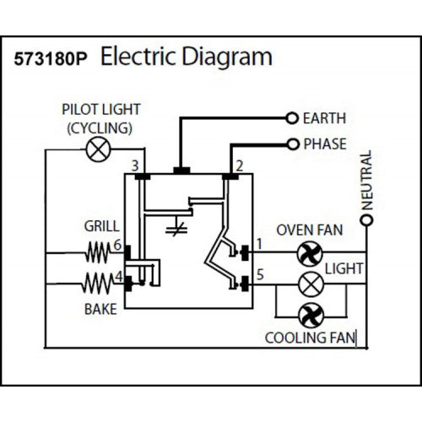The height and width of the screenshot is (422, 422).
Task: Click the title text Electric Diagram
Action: click(187, 57)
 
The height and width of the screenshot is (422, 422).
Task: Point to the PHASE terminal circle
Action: click(293, 143)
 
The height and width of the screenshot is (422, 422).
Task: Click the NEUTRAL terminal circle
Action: click(366, 221)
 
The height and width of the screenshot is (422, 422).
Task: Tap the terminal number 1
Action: click(260, 243)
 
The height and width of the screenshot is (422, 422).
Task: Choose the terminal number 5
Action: click(260, 274)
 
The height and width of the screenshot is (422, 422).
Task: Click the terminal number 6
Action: click(118, 244)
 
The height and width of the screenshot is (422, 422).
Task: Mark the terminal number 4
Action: click(118, 275)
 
